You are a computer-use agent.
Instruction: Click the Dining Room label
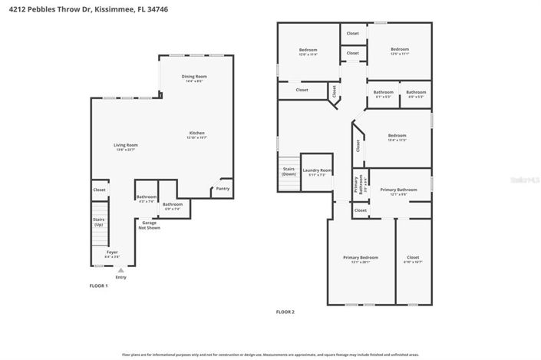(193, 77)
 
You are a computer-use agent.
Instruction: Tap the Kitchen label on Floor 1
(197, 134)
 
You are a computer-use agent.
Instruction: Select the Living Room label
(126, 146)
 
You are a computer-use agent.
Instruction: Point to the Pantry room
(223, 188)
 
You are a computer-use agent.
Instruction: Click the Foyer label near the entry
(112, 252)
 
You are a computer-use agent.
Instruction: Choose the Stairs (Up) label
(99, 222)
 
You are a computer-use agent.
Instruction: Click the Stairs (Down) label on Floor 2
(289, 171)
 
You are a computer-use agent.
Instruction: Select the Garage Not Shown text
(149, 225)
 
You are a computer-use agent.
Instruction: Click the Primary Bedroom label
(360, 257)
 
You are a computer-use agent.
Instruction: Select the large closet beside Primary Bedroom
(413, 258)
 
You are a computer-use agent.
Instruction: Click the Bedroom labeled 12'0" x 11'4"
(308, 51)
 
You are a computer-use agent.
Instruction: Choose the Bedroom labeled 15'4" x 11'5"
(397, 137)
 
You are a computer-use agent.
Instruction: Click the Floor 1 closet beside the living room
(99, 190)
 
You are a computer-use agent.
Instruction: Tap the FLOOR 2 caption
(285, 312)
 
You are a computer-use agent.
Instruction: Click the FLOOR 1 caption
(98, 286)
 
